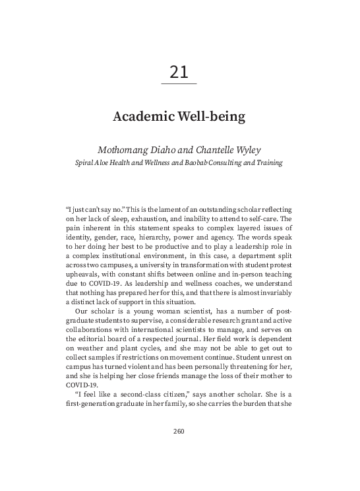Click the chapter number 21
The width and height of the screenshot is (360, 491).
click(x=179, y=71)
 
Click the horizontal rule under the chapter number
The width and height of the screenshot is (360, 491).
click(x=179, y=84)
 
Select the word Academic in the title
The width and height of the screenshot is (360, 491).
click(x=141, y=117)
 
